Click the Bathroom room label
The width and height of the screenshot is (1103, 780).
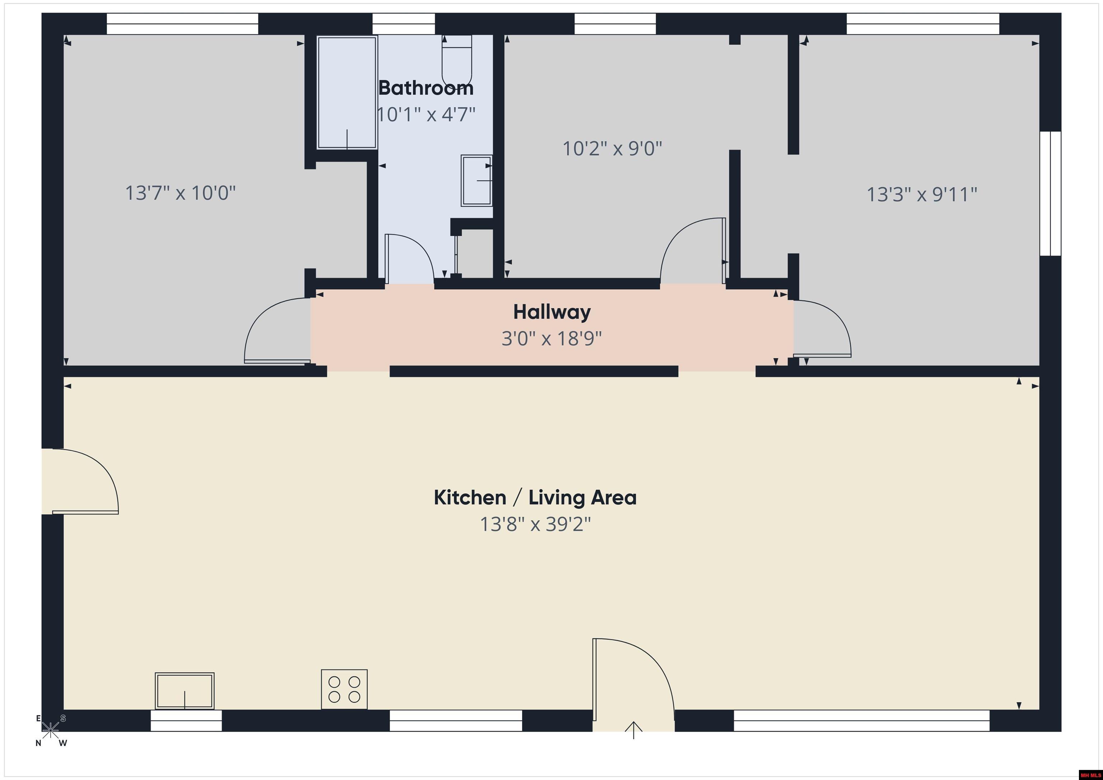[x=425, y=88]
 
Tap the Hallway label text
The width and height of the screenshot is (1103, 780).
[x=552, y=312]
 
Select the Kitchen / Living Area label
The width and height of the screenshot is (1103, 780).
[x=535, y=498]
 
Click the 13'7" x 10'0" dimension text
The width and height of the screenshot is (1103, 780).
[x=181, y=193]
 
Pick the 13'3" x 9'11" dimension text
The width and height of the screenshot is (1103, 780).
[x=922, y=195]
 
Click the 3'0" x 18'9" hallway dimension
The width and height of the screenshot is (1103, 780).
[x=551, y=338]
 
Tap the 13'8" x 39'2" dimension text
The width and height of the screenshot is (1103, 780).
[x=535, y=524]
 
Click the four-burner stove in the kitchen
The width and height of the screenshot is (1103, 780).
[x=344, y=689]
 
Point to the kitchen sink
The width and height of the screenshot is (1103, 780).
[x=185, y=691]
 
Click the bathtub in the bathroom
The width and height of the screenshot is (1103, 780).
[x=347, y=92]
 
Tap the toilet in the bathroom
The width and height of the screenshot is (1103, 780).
[x=457, y=61]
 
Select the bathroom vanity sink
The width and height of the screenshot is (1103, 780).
[x=476, y=181]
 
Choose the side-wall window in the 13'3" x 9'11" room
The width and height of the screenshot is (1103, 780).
[x=1050, y=193]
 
